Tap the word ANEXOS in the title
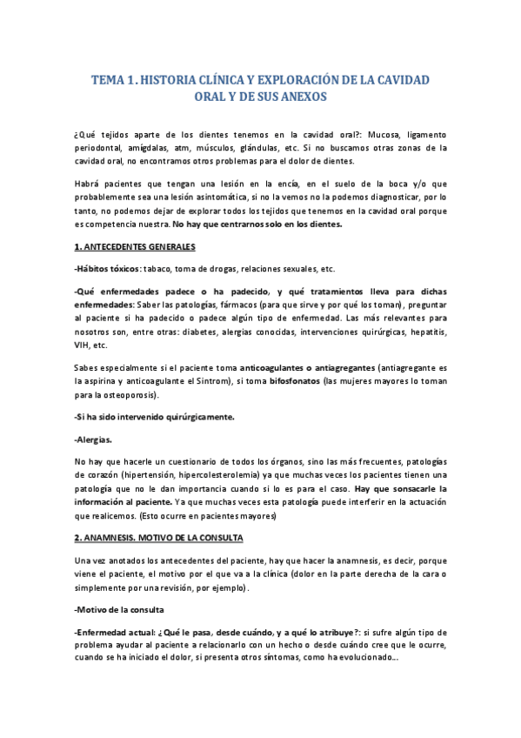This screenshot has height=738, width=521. point(297,97)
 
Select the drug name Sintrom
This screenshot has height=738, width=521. point(265,380)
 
